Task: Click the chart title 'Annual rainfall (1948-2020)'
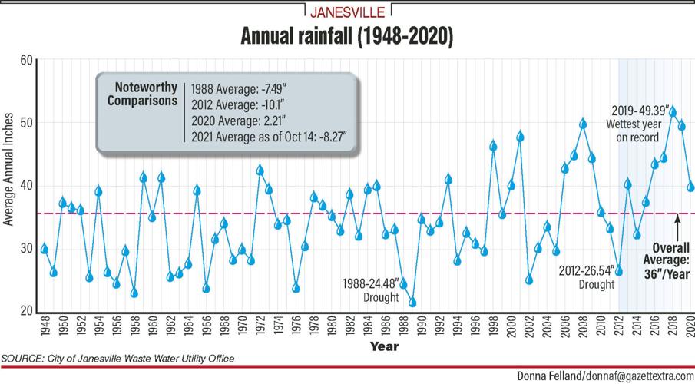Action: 347,36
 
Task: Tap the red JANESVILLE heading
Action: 347,12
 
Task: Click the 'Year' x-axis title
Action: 384,346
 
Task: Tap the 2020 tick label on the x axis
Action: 690,327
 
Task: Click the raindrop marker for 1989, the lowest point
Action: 412,302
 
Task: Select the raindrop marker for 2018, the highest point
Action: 673,111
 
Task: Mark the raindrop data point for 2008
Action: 583,123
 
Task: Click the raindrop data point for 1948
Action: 45,248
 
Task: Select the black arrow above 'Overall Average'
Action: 677,226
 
